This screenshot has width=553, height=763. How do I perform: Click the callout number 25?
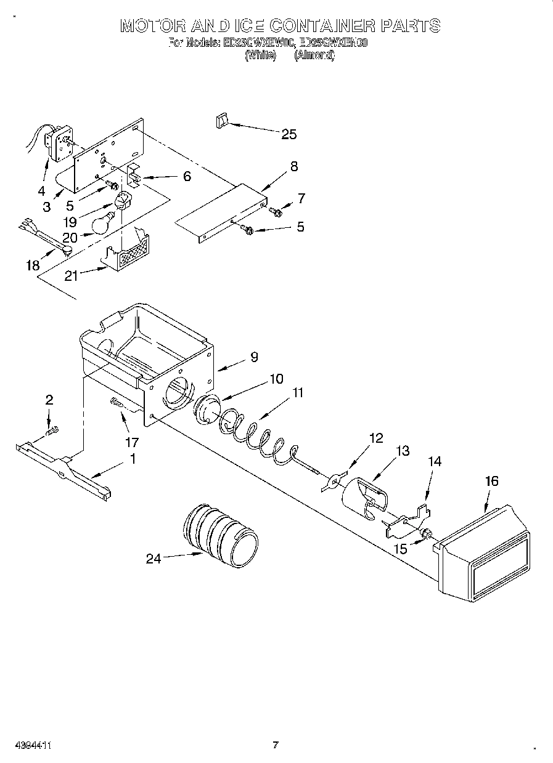(289, 134)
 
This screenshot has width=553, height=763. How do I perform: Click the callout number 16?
(491, 481)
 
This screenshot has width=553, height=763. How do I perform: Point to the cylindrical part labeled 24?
(221, 533)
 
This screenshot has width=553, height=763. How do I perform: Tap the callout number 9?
(254, 357)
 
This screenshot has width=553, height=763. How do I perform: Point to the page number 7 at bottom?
(276, 745)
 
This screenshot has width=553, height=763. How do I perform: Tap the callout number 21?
(72, 276)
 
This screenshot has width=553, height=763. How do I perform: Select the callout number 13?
(402, 451)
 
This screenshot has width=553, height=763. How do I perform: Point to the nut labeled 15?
(426, 532)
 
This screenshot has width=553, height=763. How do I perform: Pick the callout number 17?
(131, 442)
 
